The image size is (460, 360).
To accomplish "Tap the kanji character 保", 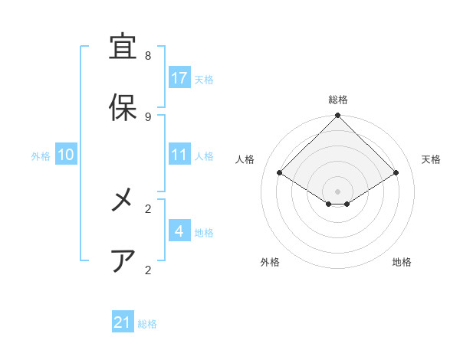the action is click(x=123, y=107).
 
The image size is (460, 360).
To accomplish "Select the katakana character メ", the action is click(x=123, y=201).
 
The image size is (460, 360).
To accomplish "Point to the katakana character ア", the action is click(x=123, y=261).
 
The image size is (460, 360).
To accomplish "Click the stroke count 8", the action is click(x=148, y=57).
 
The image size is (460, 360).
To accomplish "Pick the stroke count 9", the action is click(x=148, y=116).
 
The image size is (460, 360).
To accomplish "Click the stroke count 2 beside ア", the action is click(x=148, y=270).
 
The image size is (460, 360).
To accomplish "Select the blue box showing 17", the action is click(x=179, y=78).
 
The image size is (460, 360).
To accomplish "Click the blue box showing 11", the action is click(x=179, y=155).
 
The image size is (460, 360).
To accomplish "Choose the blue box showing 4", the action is click(x=179, y=231).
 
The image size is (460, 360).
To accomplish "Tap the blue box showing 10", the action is click(x=66, y=155).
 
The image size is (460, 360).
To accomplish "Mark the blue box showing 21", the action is click(x=123, y=323).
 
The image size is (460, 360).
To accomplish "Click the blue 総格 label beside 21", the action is click(x=147, y=324).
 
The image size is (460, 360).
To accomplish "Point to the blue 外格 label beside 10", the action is click(x=41, y=155).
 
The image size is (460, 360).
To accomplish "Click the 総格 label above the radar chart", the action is click(x=337, y=100).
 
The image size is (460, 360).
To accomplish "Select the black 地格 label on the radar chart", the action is click(x=402, y=262).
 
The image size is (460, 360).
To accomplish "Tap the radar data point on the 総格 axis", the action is click(x=337, y=116).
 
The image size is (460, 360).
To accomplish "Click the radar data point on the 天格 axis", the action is click(x=396, y=172).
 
